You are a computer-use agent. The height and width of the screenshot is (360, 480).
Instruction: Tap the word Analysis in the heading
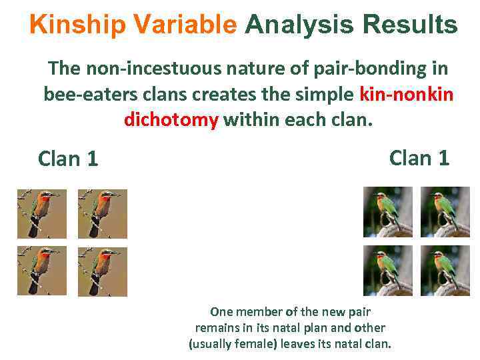[299, 25]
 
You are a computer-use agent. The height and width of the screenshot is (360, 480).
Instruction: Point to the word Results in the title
[409, 25]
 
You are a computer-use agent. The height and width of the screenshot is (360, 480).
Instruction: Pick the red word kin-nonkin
[407, 94]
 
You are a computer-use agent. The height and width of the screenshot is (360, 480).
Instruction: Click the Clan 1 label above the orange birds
[68, 159]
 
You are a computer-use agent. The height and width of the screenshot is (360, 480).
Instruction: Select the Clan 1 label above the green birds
[419, 158]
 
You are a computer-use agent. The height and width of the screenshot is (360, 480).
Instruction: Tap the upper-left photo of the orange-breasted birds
[42, 214]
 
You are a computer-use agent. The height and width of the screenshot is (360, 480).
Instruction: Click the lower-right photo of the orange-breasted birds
[102, 271]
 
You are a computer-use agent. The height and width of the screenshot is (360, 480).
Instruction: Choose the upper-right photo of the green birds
[445, 211]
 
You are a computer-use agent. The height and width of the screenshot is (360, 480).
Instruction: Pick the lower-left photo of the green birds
[387, 270]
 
